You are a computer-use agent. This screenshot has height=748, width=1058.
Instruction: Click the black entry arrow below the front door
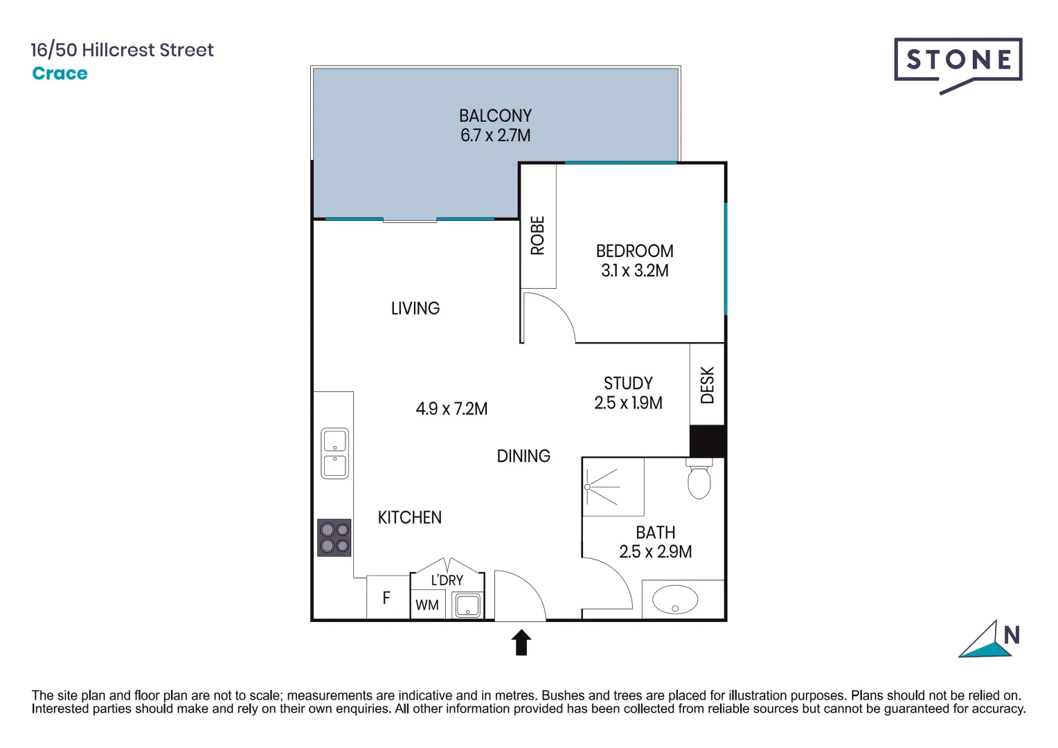(521, 642)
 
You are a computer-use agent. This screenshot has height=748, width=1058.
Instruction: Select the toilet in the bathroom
(699, 479)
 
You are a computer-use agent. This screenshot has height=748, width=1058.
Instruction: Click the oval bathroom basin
(675, 600)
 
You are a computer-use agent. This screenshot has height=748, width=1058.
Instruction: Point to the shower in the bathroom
(613, 487)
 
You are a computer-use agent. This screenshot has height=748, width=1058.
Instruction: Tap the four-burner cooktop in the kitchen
(334, 537)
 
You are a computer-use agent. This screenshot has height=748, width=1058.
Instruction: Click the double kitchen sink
(334, 454)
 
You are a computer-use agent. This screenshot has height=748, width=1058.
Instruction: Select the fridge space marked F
(387, 597)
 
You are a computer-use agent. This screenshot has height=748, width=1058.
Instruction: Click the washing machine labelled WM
(427, 605)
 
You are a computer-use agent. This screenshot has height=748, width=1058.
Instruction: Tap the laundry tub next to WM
(467, 605)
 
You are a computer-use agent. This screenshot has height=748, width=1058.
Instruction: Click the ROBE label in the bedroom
(538, 235)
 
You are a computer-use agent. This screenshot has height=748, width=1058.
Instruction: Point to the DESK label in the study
(707, 385)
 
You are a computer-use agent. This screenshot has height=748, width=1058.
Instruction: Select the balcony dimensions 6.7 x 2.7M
(496, 136)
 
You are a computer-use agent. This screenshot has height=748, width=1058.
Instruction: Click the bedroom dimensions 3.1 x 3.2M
(635, 271)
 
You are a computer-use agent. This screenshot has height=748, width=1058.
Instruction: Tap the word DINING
(523, 456)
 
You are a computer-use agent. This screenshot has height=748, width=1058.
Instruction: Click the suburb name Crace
(60, 73)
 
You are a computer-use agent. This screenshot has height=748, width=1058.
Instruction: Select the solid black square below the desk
(708, 440)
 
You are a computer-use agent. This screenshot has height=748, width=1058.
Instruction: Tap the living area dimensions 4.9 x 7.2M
(451, 409)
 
